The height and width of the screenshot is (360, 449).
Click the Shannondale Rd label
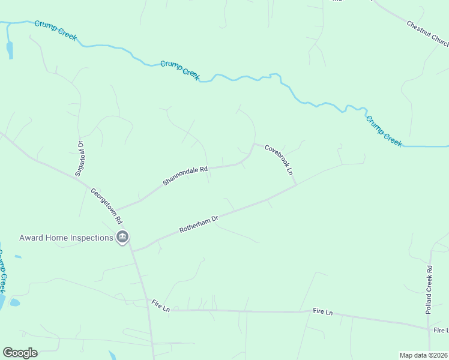(185, 175)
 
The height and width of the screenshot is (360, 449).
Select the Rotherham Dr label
(199, 226)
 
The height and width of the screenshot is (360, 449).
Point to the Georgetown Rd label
(106, 205)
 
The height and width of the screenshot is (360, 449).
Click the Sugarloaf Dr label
(79, 158)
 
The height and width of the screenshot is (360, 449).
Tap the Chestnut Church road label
(427, 34)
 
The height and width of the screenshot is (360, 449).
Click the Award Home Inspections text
(66, 238)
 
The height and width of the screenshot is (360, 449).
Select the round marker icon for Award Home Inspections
(122, 238)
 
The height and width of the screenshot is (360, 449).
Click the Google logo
(20, 352)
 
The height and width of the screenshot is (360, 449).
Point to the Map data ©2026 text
(423, 355)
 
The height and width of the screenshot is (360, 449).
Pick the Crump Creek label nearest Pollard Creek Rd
(384, 130)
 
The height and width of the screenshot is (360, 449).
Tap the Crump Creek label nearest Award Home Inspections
(2, 271)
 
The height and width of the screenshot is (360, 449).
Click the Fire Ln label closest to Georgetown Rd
(161, 305)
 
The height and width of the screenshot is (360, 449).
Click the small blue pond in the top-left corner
(9, 50)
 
